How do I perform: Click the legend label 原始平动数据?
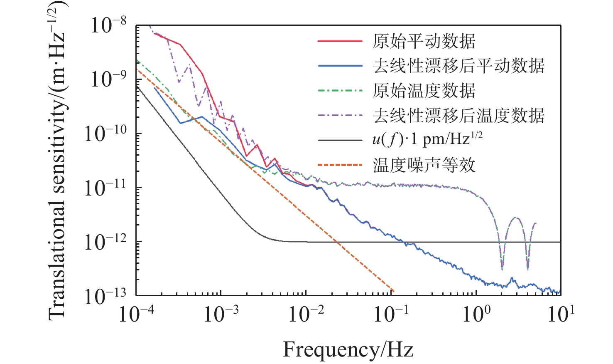point(424,41)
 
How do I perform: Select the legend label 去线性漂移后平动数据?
point(459,66)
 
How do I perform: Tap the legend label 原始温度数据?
point(424,91)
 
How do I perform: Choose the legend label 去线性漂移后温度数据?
point(459,115)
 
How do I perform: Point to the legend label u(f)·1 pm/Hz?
point(427,140)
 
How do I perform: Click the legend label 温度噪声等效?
point(424,165)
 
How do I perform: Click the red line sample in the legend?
point(340,41)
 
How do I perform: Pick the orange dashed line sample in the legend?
point(340,165)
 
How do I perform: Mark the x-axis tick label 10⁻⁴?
point(136,314)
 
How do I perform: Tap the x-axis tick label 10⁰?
point(476,314)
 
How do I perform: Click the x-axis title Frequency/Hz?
point(348,349)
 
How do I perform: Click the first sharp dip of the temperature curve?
point(502,268)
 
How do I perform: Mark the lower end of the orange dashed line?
point(393,291)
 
